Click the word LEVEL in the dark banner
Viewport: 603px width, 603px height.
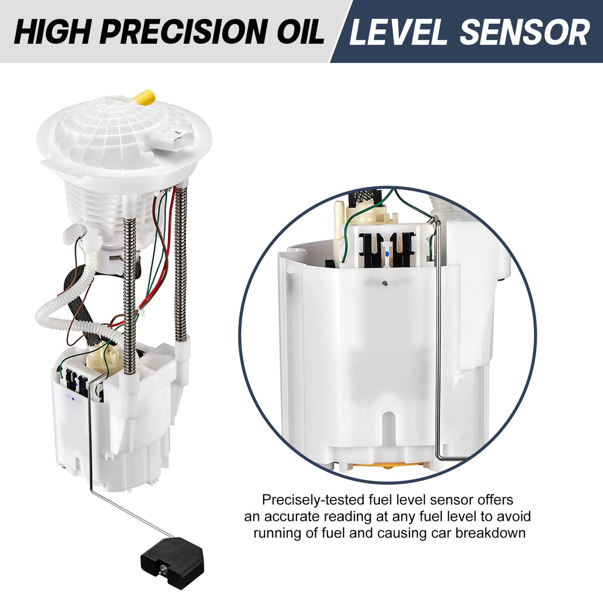397,32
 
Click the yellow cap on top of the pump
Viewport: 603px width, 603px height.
144,97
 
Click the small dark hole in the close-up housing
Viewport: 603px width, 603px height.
385,283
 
